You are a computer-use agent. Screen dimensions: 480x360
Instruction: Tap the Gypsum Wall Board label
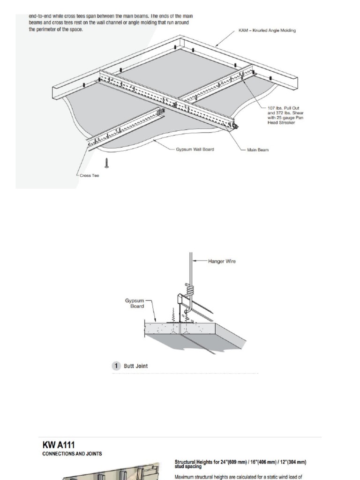(x=195, y=150)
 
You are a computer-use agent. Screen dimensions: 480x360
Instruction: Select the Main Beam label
(x=257, y=150)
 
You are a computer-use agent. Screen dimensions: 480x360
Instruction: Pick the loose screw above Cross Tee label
(x=107, y=162)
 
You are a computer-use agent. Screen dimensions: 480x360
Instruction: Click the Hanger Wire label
(x=222, y=262)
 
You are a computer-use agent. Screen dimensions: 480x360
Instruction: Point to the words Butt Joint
(x=135, y=366)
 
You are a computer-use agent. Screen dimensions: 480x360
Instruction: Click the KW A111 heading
(x=59, y=445)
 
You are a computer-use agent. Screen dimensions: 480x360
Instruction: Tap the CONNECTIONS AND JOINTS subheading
(x=72, y=454)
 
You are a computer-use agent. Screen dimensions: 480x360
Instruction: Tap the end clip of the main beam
(x=235, y=126)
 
